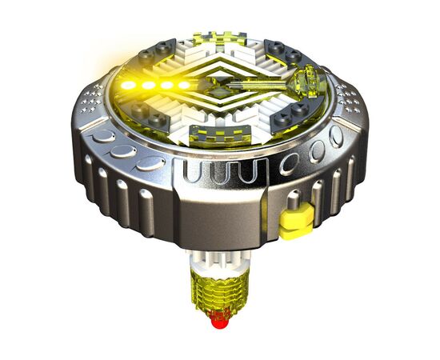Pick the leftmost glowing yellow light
[129, 85]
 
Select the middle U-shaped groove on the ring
[217, 171]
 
